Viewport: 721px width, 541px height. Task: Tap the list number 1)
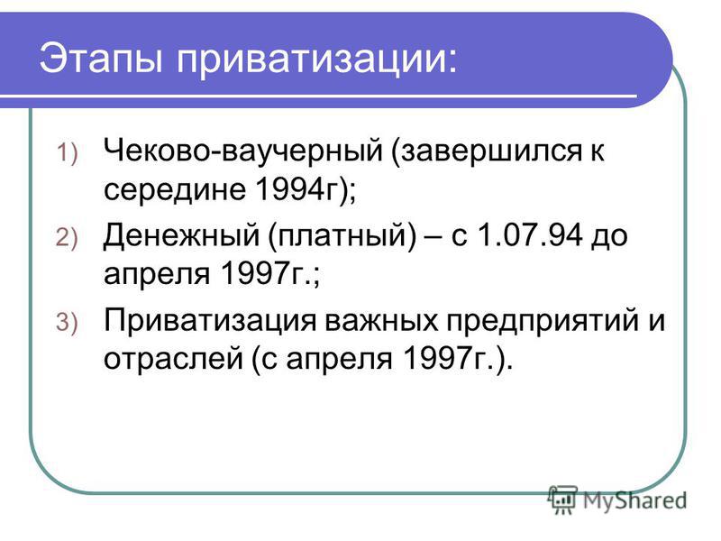(x=67, y=152)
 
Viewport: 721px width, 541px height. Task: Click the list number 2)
(x=67, y=238)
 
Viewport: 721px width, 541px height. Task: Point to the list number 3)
(x=67, y=322)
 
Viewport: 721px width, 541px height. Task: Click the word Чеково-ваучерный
(x=243, y=151)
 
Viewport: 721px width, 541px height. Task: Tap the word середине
(x=175, y=190)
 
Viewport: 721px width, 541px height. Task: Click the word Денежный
(x=182, y=236)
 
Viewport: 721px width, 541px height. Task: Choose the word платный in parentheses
(x=343, y=236)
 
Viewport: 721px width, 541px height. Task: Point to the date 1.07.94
(x=530, y=234)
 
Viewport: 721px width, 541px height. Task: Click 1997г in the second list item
(x=263, y=273)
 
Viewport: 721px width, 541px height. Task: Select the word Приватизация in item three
(x=210, y=321)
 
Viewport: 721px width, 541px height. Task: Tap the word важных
(x=381, y=320)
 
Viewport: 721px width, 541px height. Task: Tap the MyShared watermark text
(x=635, y=501)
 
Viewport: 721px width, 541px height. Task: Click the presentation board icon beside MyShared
(x=562, y=500)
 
